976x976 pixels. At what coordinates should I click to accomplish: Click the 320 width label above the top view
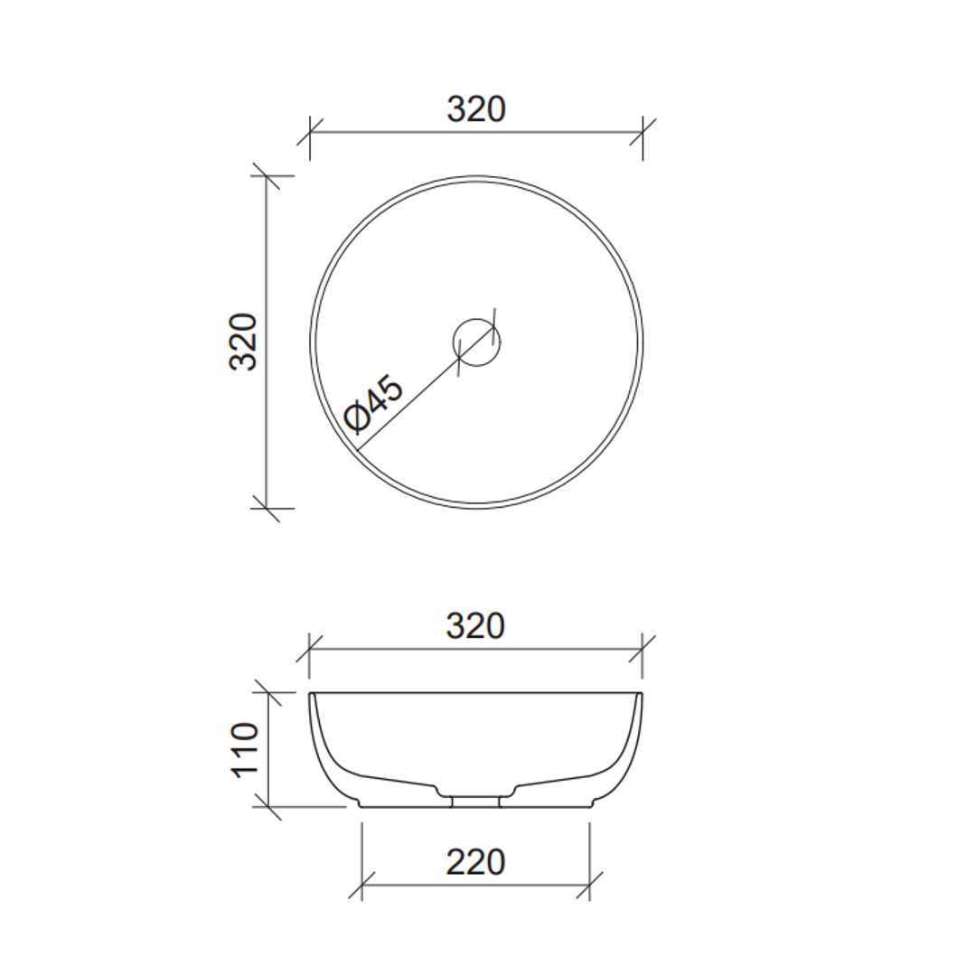point(476,109)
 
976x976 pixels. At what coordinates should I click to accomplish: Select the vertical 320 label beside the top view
point(244,342)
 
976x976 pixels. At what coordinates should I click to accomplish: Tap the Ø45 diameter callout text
point(374,403)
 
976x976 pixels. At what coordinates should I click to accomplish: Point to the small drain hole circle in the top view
point(476,342)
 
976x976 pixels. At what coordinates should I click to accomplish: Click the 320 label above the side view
point(475,625)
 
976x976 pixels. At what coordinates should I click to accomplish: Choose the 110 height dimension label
point(245,749)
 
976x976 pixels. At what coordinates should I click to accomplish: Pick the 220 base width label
point(475,862)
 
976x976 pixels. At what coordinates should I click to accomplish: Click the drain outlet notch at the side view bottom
point(475,801)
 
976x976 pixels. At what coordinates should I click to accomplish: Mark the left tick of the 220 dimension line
point(361,885)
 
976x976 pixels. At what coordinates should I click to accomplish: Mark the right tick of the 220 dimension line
point(589,885)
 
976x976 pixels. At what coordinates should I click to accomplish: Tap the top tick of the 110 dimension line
point(267,693)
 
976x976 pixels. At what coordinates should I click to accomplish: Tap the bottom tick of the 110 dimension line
point(267,806)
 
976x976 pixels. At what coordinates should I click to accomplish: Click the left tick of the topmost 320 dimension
point(310,132)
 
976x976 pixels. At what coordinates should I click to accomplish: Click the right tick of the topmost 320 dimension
point(643,132)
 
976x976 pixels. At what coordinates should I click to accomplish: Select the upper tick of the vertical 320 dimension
point(266,176)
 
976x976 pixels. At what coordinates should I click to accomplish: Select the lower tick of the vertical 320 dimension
point(266,508)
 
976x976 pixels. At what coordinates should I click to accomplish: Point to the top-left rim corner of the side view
point(311,694)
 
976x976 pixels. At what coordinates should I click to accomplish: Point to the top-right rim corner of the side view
point(641,694)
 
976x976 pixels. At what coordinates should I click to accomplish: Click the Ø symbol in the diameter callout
point(357,418)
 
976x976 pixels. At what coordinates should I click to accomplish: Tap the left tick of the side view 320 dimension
point(309,648)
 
